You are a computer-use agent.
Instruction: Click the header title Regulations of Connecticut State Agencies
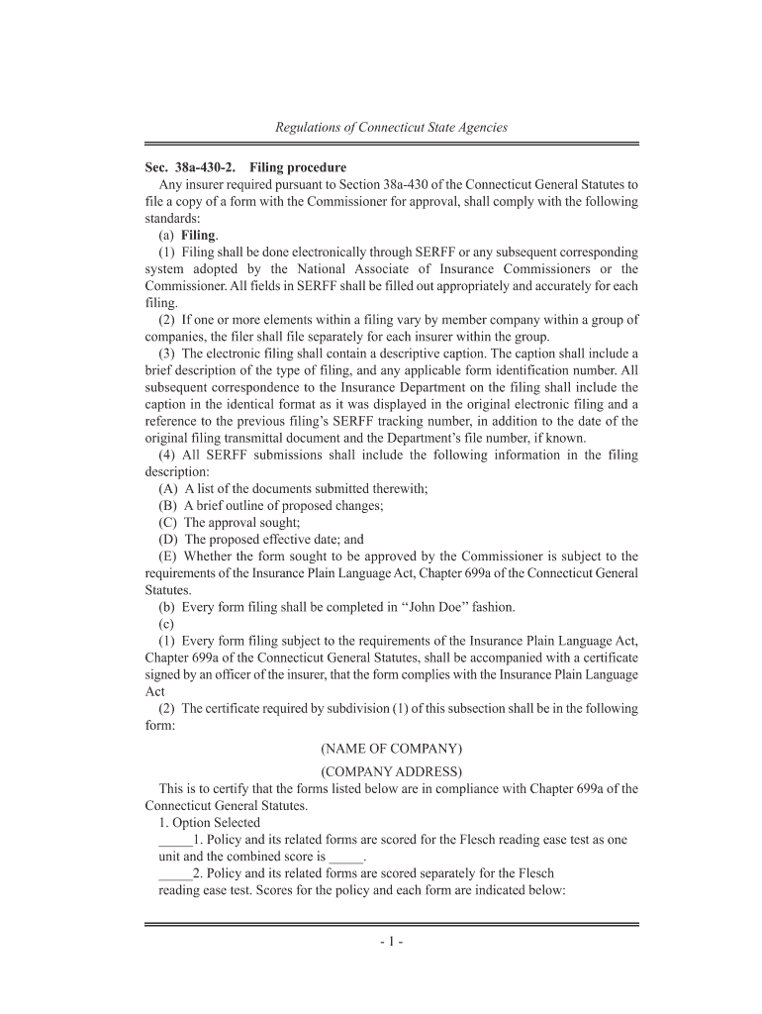[x=391, y=127]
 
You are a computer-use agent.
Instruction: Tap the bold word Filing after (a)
[x=198, y=235]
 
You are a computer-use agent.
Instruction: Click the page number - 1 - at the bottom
[x=391, y=942]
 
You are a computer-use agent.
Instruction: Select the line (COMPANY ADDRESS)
[x=391, y=771]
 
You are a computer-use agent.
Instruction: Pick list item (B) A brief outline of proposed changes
[x=270, y=505]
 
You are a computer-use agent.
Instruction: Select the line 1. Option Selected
[x=209, y=823]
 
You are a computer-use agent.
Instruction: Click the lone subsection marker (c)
[x=166, y=624]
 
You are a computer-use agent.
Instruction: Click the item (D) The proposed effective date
[x=260, y=540]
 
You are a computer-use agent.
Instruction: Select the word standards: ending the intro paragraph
[x=173, y=218]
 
